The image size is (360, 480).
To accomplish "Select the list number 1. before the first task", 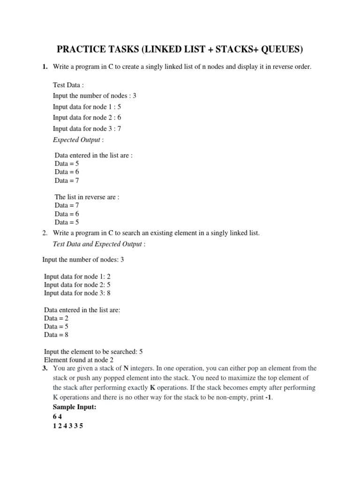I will [45, 67].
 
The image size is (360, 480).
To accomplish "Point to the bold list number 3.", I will [45, 368].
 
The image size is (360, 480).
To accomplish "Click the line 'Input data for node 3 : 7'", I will [87, 128].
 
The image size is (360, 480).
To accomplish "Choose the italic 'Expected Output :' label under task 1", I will [78, 139].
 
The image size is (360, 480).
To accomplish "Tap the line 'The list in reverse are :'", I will [87, 197].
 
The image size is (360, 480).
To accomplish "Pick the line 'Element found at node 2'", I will [79, 360].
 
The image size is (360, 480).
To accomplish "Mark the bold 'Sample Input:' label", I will [75, 407].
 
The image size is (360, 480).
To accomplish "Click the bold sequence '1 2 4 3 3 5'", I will [68, 427].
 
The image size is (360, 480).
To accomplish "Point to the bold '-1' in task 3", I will [268, 397].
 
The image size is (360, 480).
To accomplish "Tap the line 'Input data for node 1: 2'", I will [77, 276].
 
